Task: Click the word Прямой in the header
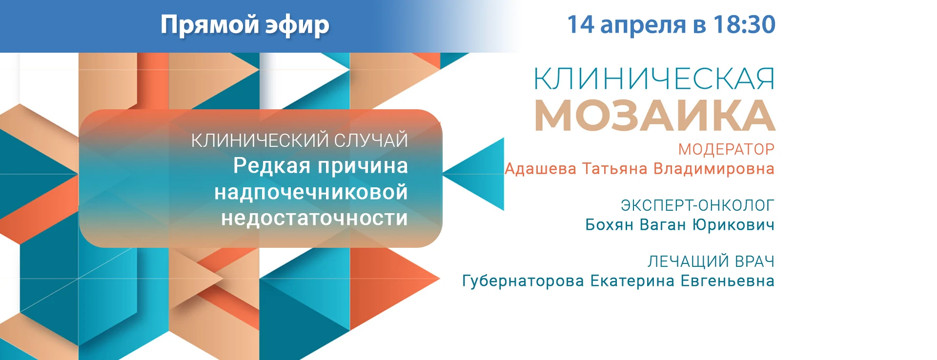pyautogui.click(x=209, y=24)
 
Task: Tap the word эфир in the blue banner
pyautogui.click(x=297, y=25)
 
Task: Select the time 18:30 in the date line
pyautogui.click(x=744, y=24)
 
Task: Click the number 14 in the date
pyautogui.click(x=580, y=24)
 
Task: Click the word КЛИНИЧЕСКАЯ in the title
pyautogui.click(x=654, y=79)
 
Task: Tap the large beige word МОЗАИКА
pyautogui.click(x=655, y=115)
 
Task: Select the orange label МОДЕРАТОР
pyautogui.click(x=726, y=149)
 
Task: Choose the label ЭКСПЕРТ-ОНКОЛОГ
pyautogui.click(x=697, y=205)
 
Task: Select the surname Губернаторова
pyautogui.click(x=523, y=281)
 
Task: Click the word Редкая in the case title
pyautogui.click(x=272, y=166)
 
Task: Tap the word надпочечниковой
pyautogui.click(x=311, y=193)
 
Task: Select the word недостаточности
pyautogui.click(x=314, y=219)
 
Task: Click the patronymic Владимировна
pyautogui.click(x=714, y=169)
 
